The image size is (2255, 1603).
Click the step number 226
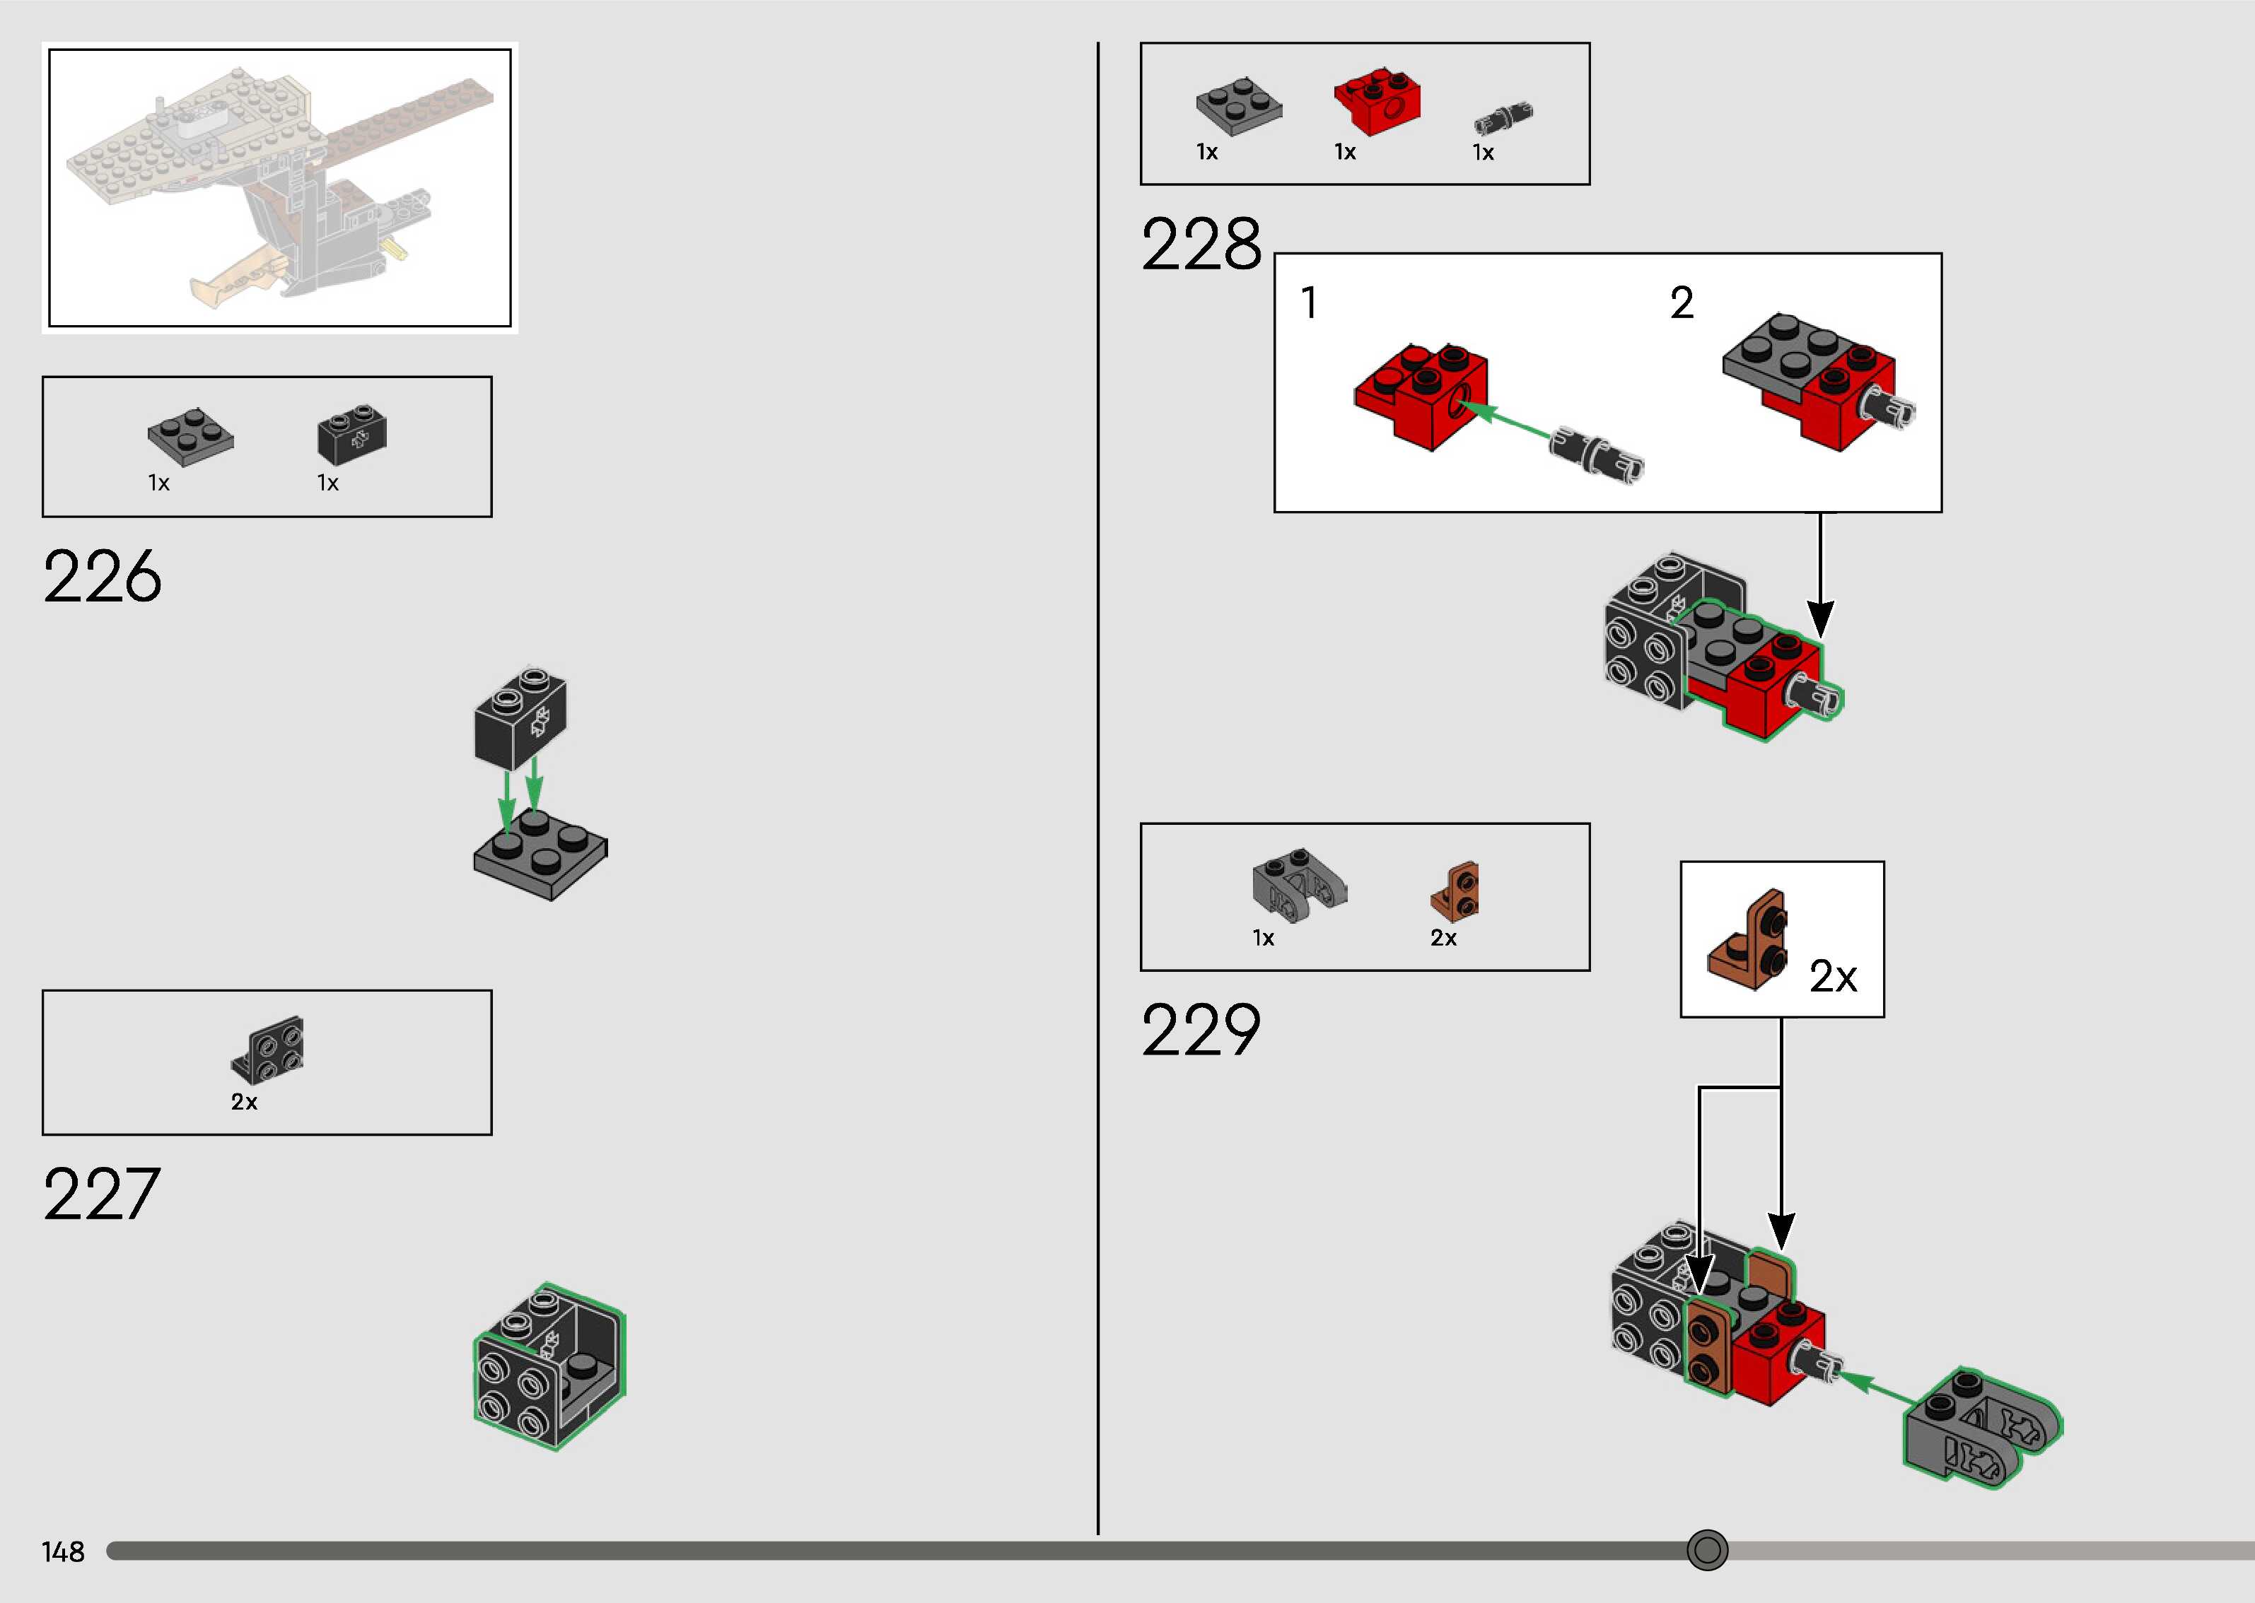point(102,577)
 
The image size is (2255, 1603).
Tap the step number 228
point(1201,245)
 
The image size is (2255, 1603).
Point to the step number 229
point(1201,1030)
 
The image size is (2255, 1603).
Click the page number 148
point(63,1551)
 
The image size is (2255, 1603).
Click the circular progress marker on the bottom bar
point(1707,1550)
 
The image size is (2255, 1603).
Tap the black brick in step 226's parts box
point(352,433)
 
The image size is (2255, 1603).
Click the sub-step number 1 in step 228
point(1309,303)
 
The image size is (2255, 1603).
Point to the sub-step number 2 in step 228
point(1682,303)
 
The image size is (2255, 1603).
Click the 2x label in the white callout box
point(1832,977)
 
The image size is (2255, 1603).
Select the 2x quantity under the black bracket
point(244,1102)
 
